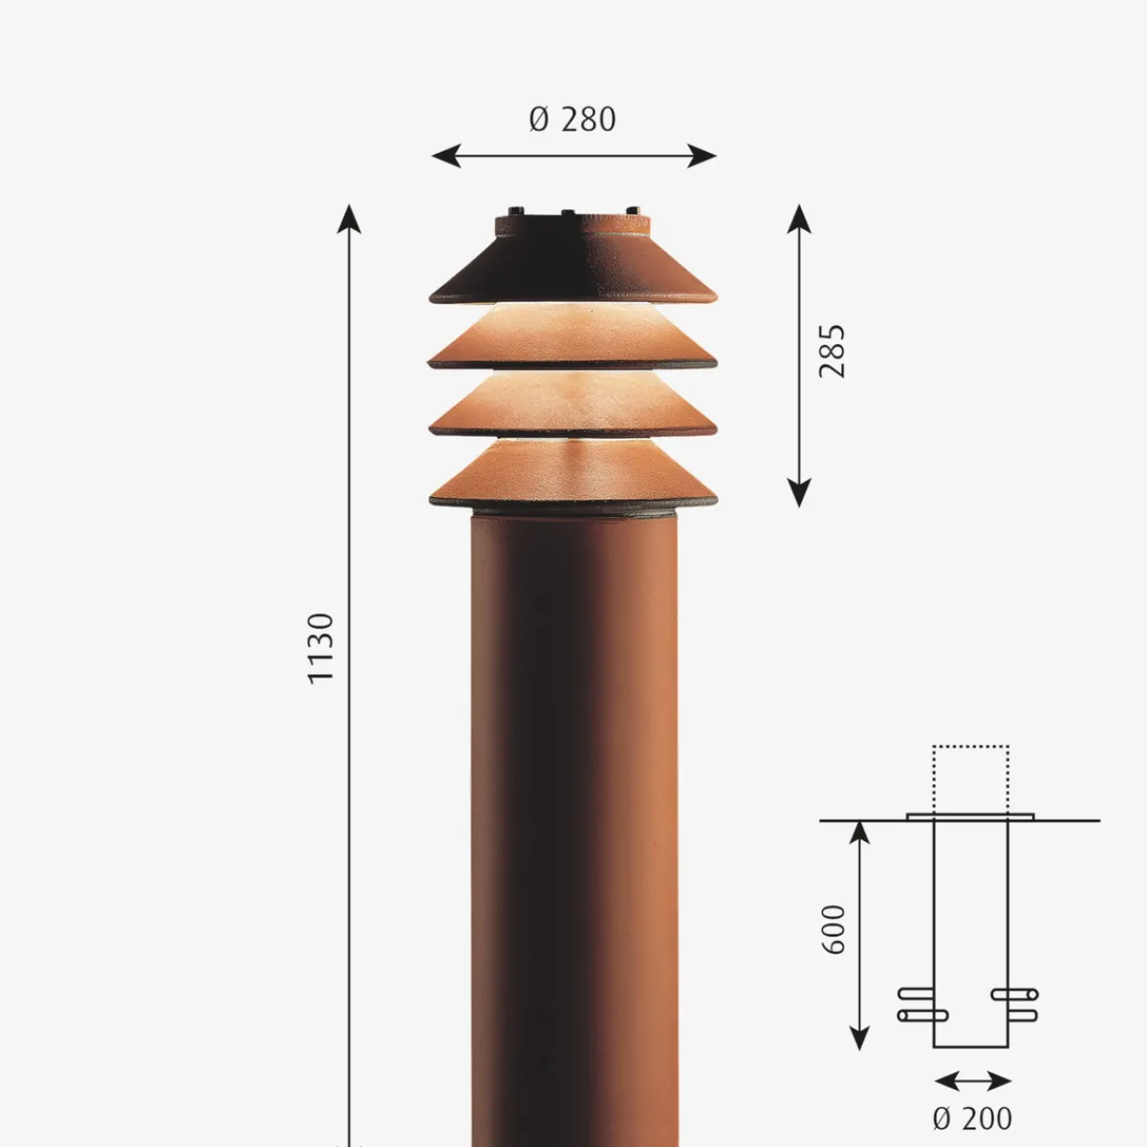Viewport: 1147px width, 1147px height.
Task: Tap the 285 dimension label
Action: [833, 351]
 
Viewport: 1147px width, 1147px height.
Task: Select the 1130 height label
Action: [321, 647]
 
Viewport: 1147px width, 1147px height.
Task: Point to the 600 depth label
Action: [833, 928]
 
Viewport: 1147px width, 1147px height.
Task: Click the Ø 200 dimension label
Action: [971, 1117]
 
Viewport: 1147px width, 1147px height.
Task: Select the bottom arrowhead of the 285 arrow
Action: [799, 494]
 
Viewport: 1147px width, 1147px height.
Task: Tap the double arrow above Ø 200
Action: [972, 1081]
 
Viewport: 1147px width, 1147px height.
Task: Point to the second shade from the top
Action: [573, 339]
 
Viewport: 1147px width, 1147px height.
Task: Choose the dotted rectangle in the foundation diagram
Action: [970, 779]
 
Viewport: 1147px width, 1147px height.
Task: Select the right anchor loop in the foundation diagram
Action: [1015, 1005]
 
